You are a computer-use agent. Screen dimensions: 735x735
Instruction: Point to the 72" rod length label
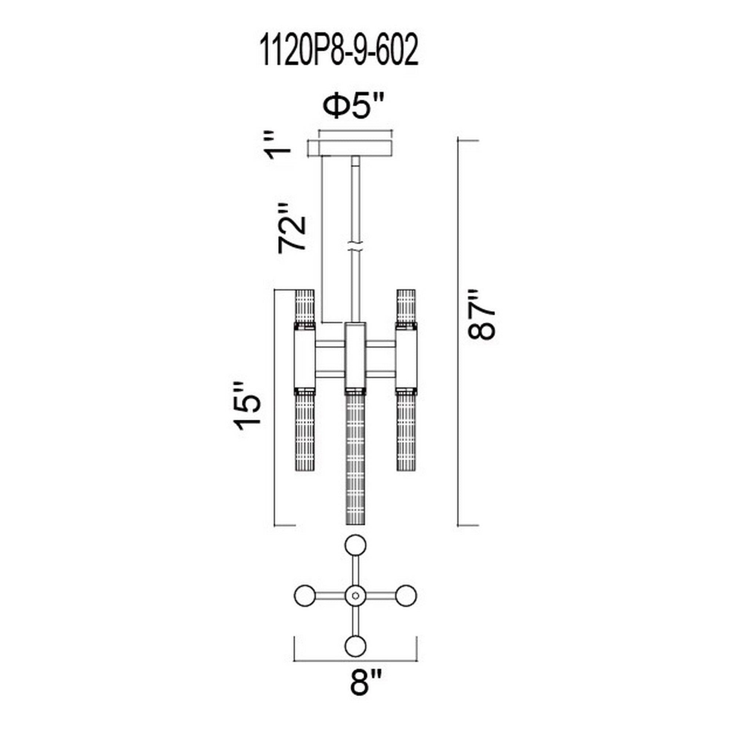click(x=292, y=233)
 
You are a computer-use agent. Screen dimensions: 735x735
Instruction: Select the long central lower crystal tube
click(x=355, y=460)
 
